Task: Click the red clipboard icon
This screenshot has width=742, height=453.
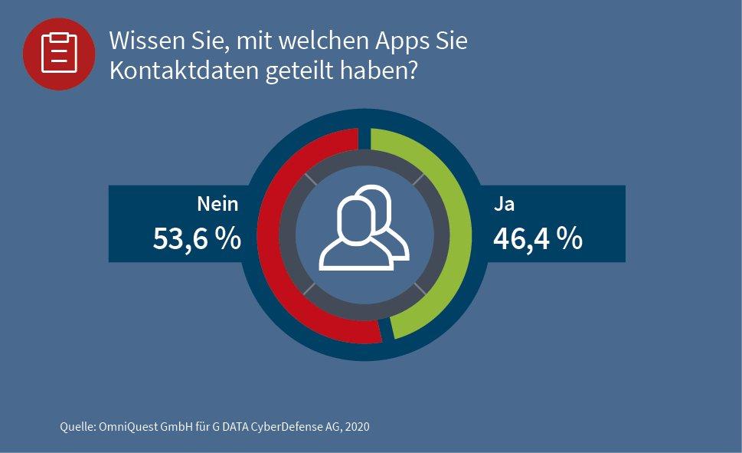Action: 59,53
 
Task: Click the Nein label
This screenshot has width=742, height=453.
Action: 217,204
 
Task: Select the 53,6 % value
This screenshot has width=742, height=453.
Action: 197,238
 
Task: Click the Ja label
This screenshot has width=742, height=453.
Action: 503,204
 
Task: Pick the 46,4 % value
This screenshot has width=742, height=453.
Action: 538,238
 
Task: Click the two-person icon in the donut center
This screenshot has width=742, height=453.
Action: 364,228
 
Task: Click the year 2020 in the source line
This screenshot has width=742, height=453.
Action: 357,426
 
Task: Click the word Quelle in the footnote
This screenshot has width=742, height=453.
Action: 77,426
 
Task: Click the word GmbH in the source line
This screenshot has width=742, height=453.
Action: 175,426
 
